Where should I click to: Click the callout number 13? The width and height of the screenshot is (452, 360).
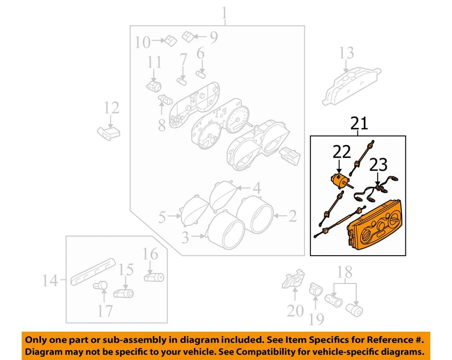(347, 53)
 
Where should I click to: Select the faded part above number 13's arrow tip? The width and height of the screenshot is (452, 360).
(351, 87)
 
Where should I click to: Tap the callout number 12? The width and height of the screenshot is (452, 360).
(112, 109)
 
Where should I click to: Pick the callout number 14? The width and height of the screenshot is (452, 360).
(50, 281)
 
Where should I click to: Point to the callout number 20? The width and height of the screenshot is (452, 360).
(295, 311)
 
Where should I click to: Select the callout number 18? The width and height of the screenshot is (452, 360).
(345, 272)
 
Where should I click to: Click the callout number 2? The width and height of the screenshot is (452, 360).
(292, 216)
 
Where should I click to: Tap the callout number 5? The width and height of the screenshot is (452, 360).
(162, 217)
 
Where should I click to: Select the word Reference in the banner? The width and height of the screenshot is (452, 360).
(386, 339)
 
